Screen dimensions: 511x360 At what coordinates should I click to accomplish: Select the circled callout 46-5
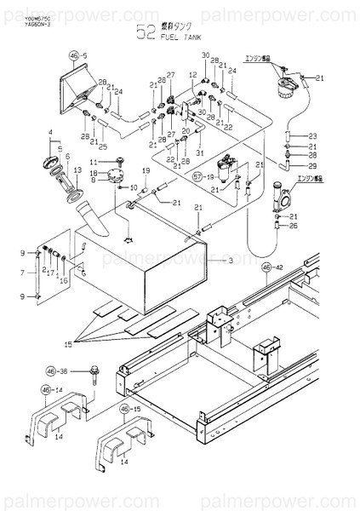click(x=78, y=55)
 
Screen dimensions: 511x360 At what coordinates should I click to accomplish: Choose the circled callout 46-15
click(x=129, y=409)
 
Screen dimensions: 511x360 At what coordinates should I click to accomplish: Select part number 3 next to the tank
click(x=230, y=261)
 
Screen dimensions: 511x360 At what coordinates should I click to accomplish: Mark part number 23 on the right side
click(x=312, y=136)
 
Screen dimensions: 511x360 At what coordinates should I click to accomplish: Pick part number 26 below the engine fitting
click(x=294, y=226)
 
